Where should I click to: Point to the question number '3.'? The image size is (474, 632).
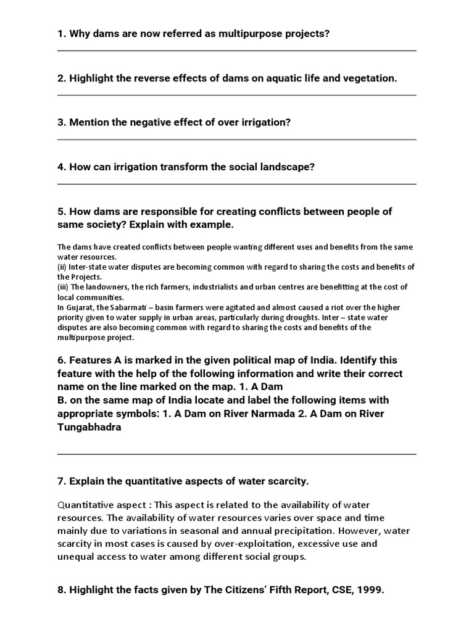coord(62,123)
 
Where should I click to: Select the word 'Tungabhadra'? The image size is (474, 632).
coord(89,427)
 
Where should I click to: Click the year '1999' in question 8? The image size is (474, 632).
coord(370,590)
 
